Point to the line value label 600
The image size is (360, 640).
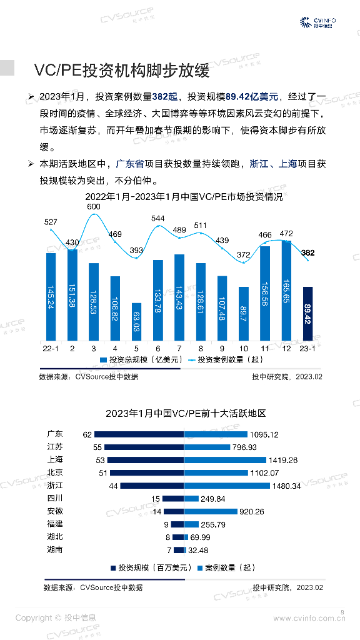pyautogui.click(x=94, y=207)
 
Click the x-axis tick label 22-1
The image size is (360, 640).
pyautogui.click(x=51, y=347)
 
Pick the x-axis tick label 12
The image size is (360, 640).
pyautogui.click(x=286, y=347)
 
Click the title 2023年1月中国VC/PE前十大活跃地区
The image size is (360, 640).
pyautogui.click(x=186, y=414)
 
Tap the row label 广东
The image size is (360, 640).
pyautogui.click(x=55, y=434)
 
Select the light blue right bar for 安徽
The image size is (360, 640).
pyautogui.click(x=211, y=511)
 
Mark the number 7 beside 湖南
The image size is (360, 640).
pyautogui.click(x=169, y=550)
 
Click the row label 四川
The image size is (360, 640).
pyautogui.click(x=55, y=498)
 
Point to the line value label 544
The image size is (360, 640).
pyautogui.click(x=158, y=219)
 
